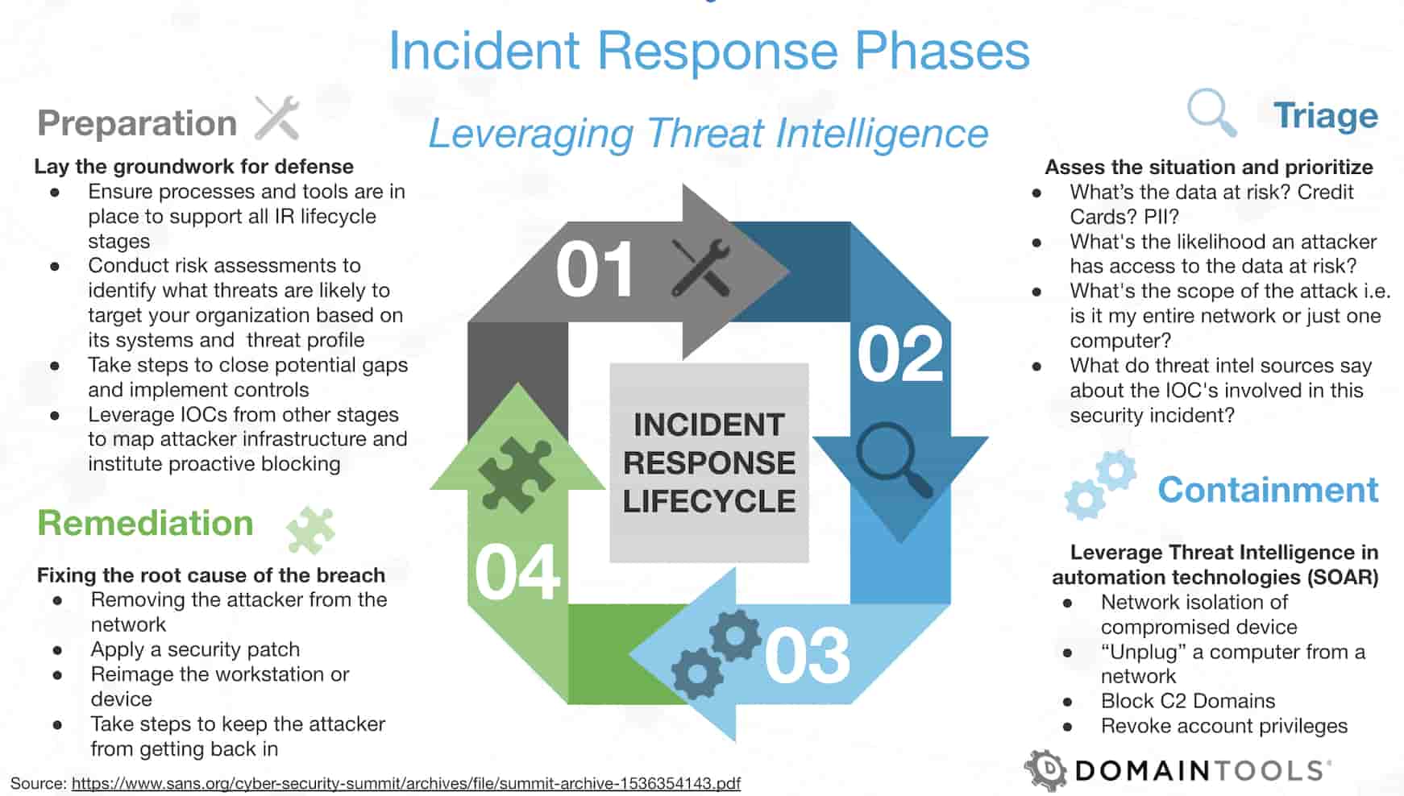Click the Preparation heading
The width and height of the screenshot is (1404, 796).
tap(137, 123)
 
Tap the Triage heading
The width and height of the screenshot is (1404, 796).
tap(1325, 116)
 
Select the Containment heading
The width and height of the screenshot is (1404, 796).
tap(1267, 490)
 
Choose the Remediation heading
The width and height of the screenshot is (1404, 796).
tap(145, 523)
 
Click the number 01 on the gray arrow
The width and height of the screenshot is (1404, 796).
tap(595, 270)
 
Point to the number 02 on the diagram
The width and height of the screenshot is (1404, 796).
tap(899, 354)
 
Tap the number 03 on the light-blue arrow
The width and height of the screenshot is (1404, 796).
tap(807, 656)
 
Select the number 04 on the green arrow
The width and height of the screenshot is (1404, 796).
tap(517, 573)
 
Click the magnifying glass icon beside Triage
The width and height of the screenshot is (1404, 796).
tap(1211, 114)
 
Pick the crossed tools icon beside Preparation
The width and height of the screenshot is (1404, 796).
tap(277, 118)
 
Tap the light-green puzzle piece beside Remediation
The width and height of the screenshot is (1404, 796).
tap(310, 529)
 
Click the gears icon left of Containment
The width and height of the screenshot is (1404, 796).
tap(1099, 483)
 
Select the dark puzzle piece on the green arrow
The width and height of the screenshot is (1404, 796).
tap(516, 475)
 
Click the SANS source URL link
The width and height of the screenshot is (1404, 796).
tap(405, 783)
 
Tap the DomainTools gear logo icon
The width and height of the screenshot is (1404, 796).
tap(1045, 770)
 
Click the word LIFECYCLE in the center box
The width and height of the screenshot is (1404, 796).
tap(708, 501)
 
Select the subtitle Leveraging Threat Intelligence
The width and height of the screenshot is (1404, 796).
tap(708, 134)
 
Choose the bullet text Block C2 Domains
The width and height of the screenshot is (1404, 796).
tap(1187, 701)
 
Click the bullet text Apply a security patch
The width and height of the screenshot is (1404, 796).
tap(195, 649)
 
